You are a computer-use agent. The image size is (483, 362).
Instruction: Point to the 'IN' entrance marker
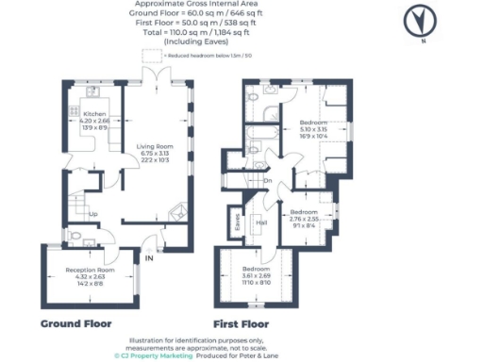click(x=148, y=257)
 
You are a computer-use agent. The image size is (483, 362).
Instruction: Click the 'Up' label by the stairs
click(x=92, y=213)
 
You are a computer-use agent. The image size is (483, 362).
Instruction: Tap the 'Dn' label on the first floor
click(x=268, y=181)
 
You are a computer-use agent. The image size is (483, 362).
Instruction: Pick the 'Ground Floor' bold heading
click(x=76, y=323)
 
